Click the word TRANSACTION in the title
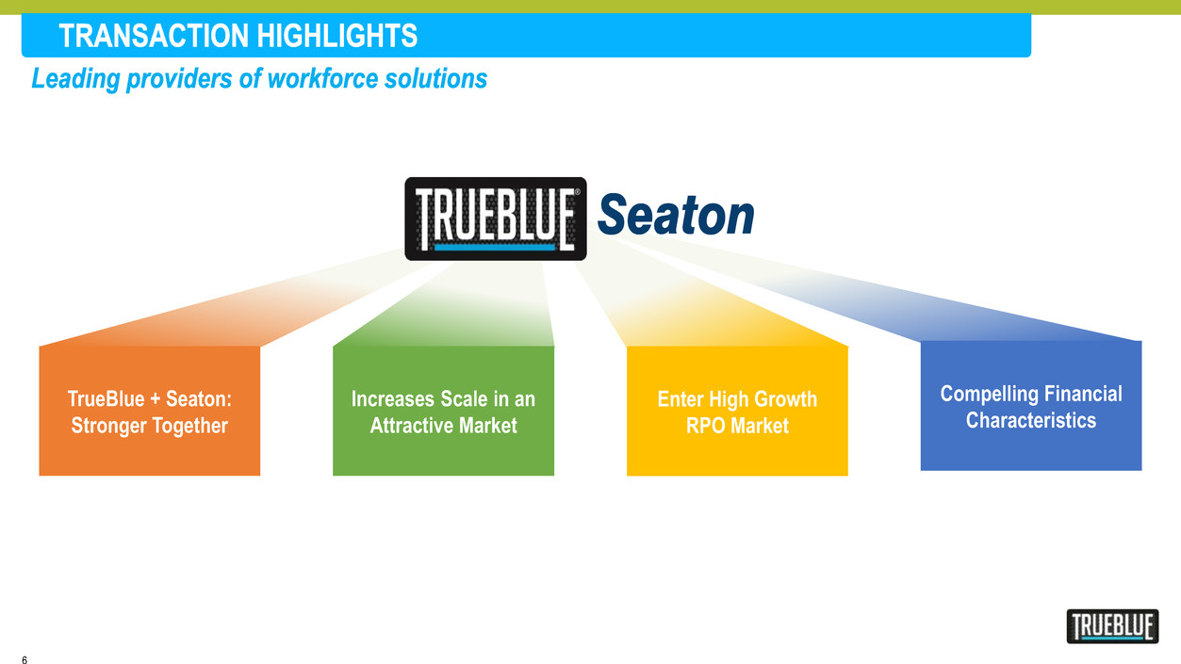click(154, 36)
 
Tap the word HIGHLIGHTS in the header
click(337, 36)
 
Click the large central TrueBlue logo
click(496, 219)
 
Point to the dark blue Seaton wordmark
click(676, 215)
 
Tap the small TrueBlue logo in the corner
click(1112, 626)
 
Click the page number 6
click(25, 659)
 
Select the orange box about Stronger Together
click(150, 411)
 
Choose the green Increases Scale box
click(443, 411)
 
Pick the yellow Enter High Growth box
click(737, 411)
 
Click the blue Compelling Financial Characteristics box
click(1031, 406)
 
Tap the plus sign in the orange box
click(155, 399)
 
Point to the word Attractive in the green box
click(411, 426)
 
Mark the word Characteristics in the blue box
click(1031, 420)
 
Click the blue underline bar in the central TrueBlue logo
click(495, 247)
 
